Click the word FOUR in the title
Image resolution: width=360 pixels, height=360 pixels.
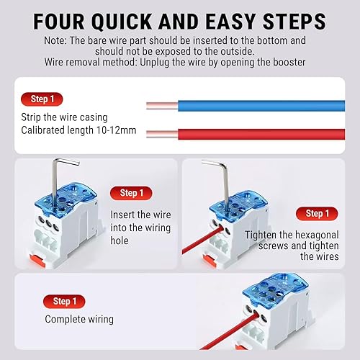click(59, 22)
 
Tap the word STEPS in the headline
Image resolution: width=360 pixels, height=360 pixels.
click(294, 22)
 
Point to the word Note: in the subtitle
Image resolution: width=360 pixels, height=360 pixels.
click(55, 40)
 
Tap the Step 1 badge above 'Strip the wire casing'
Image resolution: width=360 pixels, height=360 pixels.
click(42, 99)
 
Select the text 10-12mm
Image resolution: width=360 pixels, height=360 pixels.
click(116, 130)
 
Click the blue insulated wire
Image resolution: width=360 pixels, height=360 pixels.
click(261, 106)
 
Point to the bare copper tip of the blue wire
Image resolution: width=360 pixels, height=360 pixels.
click(162, 106)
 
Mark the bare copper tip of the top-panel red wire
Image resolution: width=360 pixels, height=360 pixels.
click(162, 135)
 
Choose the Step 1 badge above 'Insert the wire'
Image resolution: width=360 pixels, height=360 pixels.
click(131, 193)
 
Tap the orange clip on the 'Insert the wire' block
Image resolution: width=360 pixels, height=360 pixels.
click(38, 261)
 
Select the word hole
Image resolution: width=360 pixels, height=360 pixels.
click(120, 240)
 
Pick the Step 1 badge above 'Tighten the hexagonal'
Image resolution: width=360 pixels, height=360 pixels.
click(317, 214)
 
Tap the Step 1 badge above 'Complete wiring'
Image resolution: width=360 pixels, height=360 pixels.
click(64, 302)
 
